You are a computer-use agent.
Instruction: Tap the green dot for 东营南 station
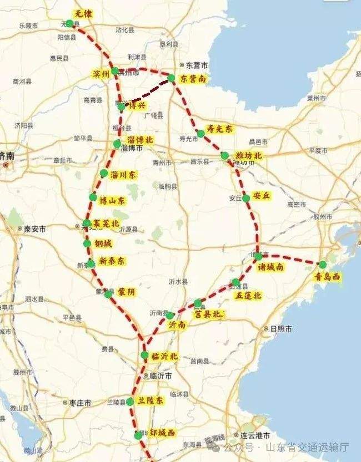(x=172, y=79)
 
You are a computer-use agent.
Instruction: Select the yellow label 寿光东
(x=219, y=128)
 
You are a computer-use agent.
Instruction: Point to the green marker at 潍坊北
(x=225, y=156)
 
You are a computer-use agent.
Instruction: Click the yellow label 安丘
(x=260, y=196)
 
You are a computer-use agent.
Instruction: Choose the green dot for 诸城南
(x=258, y=256)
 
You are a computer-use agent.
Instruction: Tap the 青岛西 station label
(x=327, y=277)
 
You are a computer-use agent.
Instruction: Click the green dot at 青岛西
(x=323, y=265)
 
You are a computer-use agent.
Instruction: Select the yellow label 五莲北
(x=247, y=295)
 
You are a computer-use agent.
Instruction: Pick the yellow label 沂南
(x=178, y=326)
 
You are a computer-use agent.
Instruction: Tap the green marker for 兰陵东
(x=130, y=401)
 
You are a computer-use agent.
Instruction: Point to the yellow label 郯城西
(x=159, y=433)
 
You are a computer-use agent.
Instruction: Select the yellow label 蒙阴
(x=126, y=291)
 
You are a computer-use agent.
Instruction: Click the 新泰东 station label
(x=112, y=261)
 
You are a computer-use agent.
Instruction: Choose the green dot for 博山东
(x=93, y=198)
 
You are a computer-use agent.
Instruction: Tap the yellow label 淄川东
(x=123, y=174)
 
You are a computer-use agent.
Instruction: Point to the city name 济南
(x=8, y=156)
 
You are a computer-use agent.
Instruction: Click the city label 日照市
(x=281, y=328)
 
